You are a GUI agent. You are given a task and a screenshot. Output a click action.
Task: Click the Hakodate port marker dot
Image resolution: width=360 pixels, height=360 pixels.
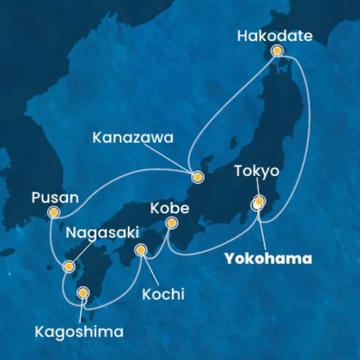coord(277,51)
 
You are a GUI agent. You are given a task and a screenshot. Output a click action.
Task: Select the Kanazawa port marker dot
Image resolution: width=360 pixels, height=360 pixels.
coord(197,178)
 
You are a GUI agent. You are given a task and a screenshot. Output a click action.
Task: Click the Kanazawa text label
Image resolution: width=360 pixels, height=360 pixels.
coord(133,138)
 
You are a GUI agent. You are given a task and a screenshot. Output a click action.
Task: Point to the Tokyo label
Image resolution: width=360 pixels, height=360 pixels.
coord(257,171)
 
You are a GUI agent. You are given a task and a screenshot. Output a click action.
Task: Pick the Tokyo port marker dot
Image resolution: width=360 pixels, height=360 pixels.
coord(259,200)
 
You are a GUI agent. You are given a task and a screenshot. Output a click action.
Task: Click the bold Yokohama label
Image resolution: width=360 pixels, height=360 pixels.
coord(267,258)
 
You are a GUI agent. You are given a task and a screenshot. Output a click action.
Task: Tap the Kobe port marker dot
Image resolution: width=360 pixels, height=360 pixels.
coord(172,222)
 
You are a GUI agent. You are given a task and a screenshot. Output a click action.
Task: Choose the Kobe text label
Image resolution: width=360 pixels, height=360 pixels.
coord(170,208)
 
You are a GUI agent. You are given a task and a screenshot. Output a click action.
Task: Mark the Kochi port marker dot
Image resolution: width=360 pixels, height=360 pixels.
coord(141,250)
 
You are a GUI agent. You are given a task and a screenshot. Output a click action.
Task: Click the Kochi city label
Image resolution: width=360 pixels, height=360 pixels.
coord(163,294)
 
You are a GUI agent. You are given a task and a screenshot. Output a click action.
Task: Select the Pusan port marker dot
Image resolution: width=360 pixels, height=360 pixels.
coord(53,213)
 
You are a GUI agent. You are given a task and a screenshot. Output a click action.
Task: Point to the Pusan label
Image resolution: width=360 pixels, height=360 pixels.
coord(54,197)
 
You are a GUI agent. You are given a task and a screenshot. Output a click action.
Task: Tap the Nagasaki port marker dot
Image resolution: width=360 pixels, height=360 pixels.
coord(69,267)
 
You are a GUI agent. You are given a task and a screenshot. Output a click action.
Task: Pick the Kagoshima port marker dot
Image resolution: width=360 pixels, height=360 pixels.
coord(84,292)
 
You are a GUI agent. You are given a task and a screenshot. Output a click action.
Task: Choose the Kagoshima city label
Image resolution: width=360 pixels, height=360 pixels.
coord(79,331)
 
